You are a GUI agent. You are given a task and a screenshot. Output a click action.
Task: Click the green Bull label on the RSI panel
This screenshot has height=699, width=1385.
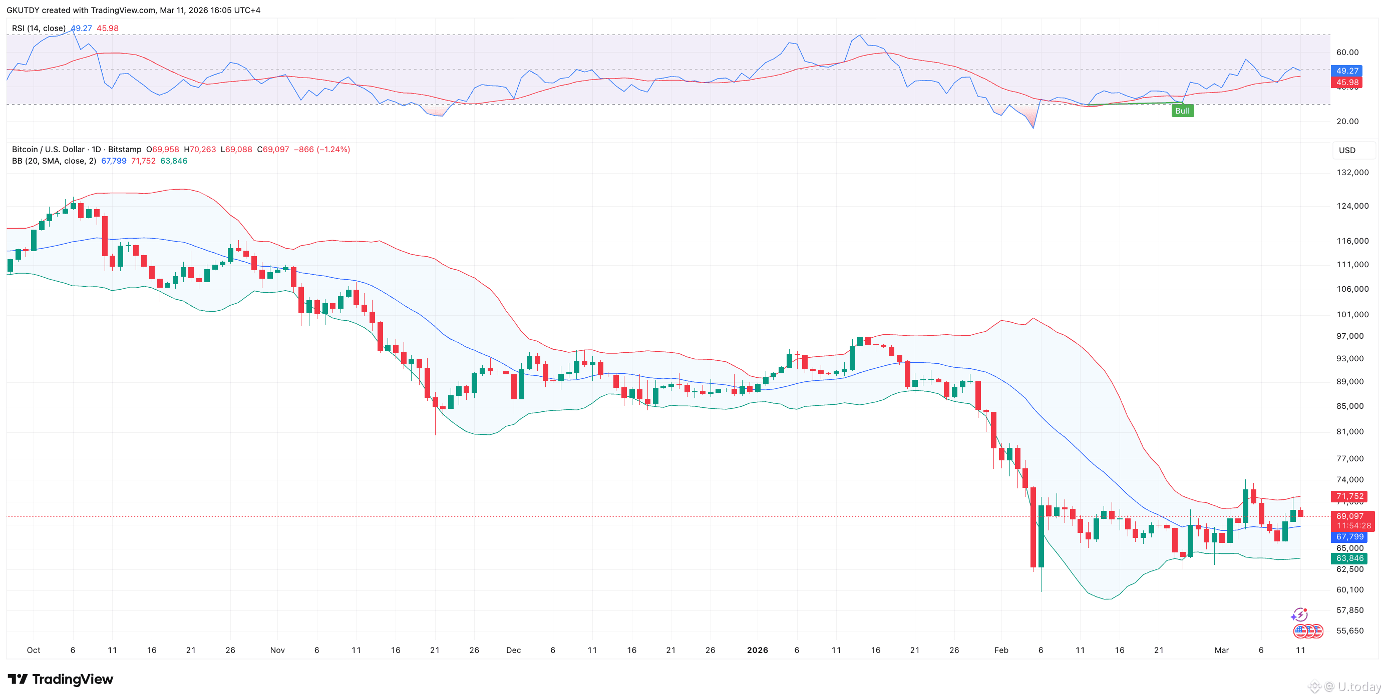pos(1182,111)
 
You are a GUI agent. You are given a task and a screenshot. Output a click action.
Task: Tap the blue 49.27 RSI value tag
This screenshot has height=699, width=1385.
pos(1346,71)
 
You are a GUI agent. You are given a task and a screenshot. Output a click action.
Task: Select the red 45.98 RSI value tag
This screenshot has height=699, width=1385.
pos(1346,83)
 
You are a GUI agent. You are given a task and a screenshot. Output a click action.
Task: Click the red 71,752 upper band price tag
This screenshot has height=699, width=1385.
pos(1349,496)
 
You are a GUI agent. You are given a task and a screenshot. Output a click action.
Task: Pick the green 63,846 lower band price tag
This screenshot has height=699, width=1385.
pos(1349,558)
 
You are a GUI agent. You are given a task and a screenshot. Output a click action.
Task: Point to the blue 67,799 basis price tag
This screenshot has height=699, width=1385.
pos(1349,537)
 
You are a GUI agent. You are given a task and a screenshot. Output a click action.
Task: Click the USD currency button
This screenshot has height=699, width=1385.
pos(1347,151)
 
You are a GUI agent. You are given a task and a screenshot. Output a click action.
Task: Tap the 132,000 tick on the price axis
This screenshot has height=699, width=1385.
pos(1352,173)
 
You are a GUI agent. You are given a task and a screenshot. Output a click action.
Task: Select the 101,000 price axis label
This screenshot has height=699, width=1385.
pos(1352,314)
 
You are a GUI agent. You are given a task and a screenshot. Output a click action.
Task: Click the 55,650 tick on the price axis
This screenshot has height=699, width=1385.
pos(1349,631)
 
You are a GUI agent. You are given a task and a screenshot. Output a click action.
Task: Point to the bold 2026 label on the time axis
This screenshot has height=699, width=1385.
pos(757,650)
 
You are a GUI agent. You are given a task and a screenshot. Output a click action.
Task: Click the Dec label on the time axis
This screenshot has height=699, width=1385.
pos(513,650)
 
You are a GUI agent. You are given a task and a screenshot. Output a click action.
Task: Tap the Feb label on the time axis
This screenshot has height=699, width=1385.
pos(1000,650)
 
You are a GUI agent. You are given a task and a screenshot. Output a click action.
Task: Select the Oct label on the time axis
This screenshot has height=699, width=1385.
pos(34,650)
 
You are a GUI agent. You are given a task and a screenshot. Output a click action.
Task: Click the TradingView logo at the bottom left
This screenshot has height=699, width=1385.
pos(60,679)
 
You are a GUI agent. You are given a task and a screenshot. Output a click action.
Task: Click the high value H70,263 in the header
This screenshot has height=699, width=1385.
pos(199,150)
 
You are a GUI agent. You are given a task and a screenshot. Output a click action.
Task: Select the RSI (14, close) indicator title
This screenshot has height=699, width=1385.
pos(39,29)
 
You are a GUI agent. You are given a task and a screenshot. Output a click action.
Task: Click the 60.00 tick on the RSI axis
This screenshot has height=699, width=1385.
pos(1347,53)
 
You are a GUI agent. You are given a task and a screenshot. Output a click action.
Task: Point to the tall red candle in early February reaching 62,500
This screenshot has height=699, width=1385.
pos(1033,526)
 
